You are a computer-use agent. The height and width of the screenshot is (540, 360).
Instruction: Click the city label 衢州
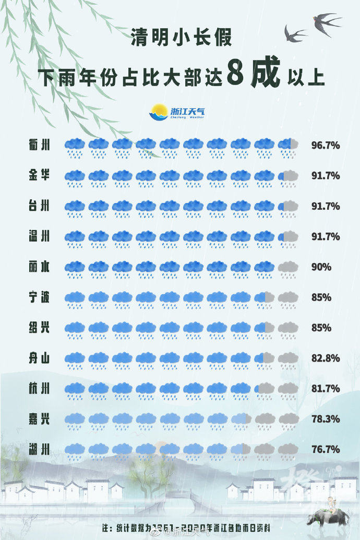[40, 145]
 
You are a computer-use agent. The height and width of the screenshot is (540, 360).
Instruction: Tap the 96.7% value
[325, 145]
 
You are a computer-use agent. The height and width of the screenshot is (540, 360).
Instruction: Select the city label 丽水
[40, 267]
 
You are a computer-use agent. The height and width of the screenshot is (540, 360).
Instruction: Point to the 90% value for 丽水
[321, 267]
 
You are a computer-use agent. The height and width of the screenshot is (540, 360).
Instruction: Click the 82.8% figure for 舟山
[325, 358]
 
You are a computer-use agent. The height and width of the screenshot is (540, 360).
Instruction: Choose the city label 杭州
[40, 388]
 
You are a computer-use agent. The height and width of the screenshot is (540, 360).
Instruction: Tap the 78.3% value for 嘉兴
[325, 418]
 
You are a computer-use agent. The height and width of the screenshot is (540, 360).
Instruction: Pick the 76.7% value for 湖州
[325, 449]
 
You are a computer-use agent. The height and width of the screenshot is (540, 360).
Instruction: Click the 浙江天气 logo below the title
[177, 112]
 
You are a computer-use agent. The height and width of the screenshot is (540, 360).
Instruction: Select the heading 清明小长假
[181, 38]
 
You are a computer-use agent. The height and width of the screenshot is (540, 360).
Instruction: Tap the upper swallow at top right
[326, 21]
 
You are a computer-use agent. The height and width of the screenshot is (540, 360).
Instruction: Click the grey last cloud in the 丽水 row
[288, 268]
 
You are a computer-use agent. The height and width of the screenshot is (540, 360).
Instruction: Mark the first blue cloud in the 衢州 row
[75, 146]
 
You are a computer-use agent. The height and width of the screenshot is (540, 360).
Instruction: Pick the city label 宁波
[40, 297]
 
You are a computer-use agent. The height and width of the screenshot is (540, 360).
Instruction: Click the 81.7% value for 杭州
[325, 388]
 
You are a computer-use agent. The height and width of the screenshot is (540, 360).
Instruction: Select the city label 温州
[40, 236]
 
